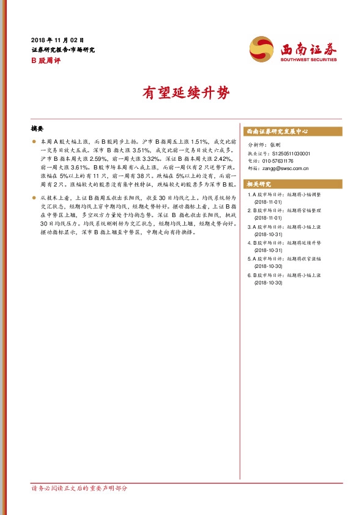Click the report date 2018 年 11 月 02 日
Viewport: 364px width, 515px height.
pyautogui.click(x=57, y=40)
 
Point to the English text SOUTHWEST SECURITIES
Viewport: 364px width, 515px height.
pyautogui.click(x=309, y=60)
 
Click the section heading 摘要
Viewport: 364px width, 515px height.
pyautogui.click(x=37, y=130)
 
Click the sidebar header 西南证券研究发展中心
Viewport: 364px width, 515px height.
pyautogui.click(x=277, y=132)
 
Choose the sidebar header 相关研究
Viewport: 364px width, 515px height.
pyautogui.click(x=259, y=183)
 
